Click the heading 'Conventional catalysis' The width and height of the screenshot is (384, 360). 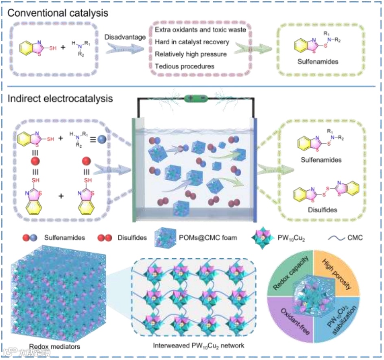(58, 13)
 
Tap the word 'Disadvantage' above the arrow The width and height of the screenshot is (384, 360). (125, 37)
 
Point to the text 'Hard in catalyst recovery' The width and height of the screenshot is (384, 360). (192, 41)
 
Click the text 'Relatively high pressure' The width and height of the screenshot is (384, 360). (191, 54)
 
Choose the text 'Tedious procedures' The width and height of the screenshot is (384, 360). (184, 66)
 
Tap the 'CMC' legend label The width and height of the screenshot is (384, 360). (354, 238)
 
